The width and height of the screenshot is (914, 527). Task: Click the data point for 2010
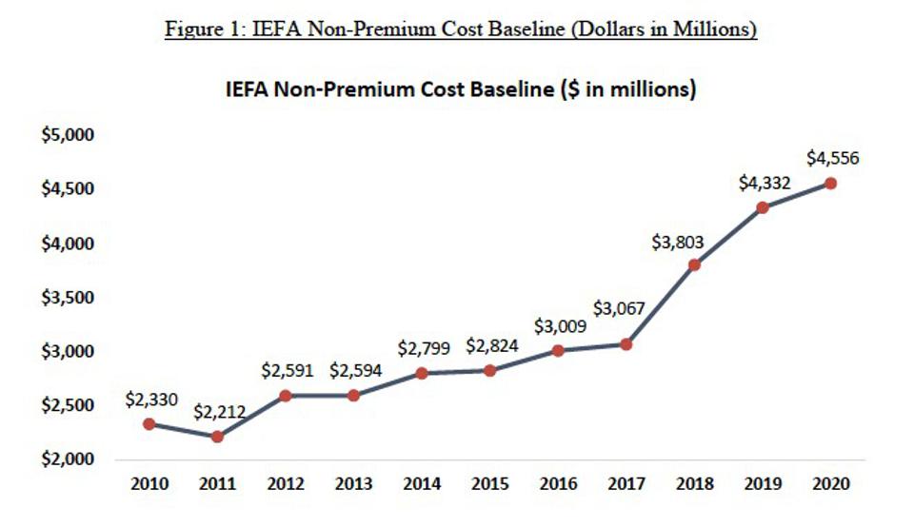(x=149, y=424)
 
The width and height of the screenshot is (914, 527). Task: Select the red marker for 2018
(x=694, y=265)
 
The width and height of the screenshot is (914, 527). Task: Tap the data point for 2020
(x=830, y=184)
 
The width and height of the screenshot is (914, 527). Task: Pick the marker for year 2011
(x=217, y=437)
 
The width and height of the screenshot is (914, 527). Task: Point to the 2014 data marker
(x=422, y=373)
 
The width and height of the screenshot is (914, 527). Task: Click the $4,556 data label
(x=832, y=158)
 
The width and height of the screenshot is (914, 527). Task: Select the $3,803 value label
(x=677, y=242)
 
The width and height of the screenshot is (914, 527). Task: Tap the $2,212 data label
(x=219, y=412)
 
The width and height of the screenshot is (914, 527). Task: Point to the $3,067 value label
(x=619, y=308)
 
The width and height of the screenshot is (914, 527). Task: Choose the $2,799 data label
(x=424, y=348)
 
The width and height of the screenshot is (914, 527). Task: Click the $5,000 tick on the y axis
(x=68, y=134)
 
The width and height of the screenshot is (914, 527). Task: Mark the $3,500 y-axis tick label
(x=68, y=298)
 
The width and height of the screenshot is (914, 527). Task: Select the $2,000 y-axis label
(x=68, y=459)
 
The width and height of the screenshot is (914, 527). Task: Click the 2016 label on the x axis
(x=559, y=484)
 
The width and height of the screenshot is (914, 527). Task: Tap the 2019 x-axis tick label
(x=763, y=484)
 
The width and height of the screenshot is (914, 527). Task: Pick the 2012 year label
(x=286, y=484)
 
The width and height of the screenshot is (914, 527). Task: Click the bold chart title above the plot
(x=461, y=89)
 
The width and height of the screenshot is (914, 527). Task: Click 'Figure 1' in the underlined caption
(x=202, y=29)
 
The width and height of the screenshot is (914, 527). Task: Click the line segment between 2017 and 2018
(x=660, y=304)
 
